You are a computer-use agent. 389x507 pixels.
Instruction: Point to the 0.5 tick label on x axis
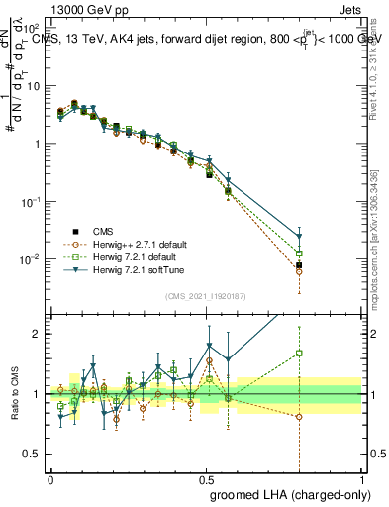point(206,476)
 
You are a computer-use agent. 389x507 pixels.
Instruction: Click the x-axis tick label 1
point(362,476)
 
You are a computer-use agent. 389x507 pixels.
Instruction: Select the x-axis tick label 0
point(50,476)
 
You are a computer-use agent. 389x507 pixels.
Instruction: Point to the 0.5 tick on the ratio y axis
point(33,454)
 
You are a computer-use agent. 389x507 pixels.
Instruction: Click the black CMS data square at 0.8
point(299,265)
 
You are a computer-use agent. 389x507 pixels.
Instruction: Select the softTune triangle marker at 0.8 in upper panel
point(299,237)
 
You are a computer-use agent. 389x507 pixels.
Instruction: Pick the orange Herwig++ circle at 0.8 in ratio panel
point(299,417)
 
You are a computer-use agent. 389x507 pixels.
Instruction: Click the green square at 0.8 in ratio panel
point(299,353)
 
